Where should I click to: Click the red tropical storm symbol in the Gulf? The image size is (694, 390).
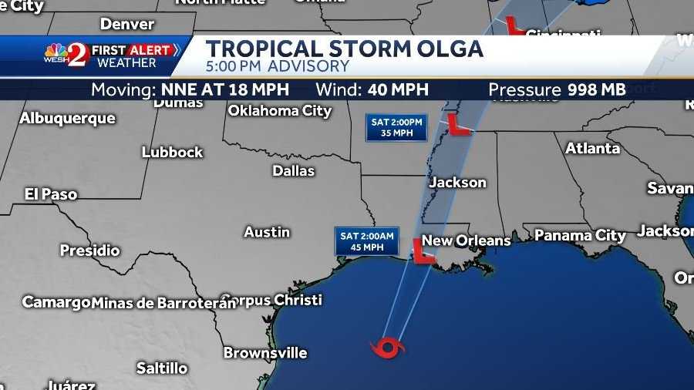(x=388, y=348)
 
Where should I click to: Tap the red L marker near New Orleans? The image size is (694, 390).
(x=421, y=252)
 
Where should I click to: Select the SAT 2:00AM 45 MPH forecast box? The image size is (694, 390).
(x=366, y=241)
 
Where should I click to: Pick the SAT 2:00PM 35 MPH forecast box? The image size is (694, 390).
(x=396, y=127)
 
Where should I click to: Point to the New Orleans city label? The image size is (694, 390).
(x=466, y=240)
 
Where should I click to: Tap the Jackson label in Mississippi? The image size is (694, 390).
(x=457, y=183)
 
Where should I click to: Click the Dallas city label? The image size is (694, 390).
(x=293, y=170)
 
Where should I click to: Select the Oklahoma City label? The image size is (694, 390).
(x=279, y=111)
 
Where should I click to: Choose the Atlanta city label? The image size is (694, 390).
(x=592, y=148)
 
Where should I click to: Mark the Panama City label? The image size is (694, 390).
(x=580, y=235)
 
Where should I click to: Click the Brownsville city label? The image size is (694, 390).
(x=265, y=353)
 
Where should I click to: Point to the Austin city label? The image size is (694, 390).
(x=267, y=231)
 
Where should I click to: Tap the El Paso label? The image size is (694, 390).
(x=51, y=193)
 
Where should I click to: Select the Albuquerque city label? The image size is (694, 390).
(x=67, y=119)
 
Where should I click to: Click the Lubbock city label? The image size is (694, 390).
(x=172, y=152)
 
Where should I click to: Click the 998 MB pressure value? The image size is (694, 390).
(x=596, y=89)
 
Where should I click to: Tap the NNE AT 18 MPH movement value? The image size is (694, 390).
(x=225, y=89)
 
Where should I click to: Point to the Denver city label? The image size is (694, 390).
(x=127, y=23)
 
